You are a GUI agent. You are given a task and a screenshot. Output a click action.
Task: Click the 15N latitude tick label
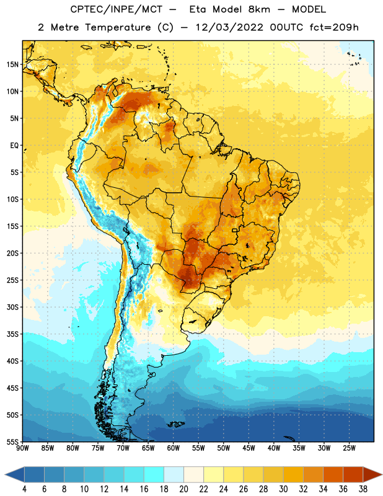pyautogui.click(x=12, y=64)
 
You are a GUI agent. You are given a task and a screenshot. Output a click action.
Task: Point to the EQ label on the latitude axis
pyautogui.click(x=14, y=146)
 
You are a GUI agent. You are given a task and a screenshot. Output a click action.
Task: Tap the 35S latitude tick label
pyautogui.click(x=12, y=334)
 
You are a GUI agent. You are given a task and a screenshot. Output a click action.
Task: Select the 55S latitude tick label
pyautogui.click(x=12, y=441)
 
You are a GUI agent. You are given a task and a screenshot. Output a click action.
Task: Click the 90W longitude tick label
pyautogui.click(x=22, y=448)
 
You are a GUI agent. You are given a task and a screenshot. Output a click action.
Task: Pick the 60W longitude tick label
pyautogui.click(x=174, y=448)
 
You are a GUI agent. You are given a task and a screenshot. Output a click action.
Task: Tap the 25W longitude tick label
pyautogui.click(x=349, y=448)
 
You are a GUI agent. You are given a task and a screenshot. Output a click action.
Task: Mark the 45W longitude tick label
pyautogui.click(x=249, y=448)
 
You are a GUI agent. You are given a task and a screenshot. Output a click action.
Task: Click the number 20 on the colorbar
pyautogui.click(x=183, y=489)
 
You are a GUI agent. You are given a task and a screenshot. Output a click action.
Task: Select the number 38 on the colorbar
pyautogui.click(x=363, y=489)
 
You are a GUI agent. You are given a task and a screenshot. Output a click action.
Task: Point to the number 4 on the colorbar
pyautogui.click(x=24, y=489)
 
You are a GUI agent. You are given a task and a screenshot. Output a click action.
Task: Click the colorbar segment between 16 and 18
pyautogui.click(x=154, y=474)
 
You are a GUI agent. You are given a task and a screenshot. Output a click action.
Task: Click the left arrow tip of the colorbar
pyautogui.click(x=5, y=474)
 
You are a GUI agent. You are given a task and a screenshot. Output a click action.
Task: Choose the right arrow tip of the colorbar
pyautogui.click(x=382, y=474)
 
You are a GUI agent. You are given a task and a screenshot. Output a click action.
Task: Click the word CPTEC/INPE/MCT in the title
pyautogui.click(x=116, y=9)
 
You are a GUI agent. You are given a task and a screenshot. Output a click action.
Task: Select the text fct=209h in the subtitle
pyautogui.click(x=334, y=27)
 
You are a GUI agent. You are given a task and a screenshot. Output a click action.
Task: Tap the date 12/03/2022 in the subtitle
pyautogui.click(x=229, y=27)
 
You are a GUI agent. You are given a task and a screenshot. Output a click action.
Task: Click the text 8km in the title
pyautogui.click(x=259, y=9)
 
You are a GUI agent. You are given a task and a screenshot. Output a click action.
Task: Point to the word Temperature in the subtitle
pyautogui.click(x=118, y=28)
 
